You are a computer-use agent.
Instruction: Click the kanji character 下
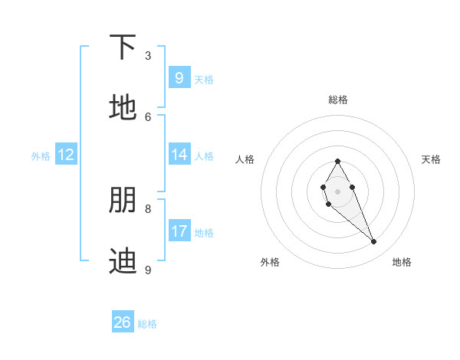pyautogui.click(x=123, y=47)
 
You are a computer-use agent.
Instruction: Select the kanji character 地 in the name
pyautogui.click(x=123, y=108)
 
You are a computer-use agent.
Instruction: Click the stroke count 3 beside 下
pyautogui.click(x=148, y=56)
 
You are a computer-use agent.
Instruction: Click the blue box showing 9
pyautogui.click(x=179, y=77)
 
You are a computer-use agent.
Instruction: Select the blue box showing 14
pyautogui.click(x=179, y=155)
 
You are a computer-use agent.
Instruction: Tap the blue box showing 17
pyautogui.click(x=179, y=231)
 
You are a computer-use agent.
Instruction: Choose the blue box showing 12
pyautogui.click(x=66, y=155)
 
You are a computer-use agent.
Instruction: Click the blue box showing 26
pyautogui.click(x=123, y=322)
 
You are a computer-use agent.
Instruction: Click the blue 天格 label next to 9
pyautogui.click(x=204, y=79)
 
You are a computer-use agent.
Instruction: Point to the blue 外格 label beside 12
pyautogui.click(x=41, y=156)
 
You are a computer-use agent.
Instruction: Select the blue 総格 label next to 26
pyautogui.click(x=147, y=324)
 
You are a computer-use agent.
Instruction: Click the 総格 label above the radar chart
pyautogui.click(x=338, y=100)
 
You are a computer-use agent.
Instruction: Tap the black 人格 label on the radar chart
pyautogui.click(x=245, y=159)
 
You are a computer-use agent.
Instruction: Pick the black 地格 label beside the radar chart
pyautogui.click(x=402, y=262)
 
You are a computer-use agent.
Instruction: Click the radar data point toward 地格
pyautogui.click(x=374, y=242)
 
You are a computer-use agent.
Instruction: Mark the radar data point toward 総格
pyautogui.click(x=337, y=161)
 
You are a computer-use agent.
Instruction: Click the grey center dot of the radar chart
pyautogui.click(x=337, y=190)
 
